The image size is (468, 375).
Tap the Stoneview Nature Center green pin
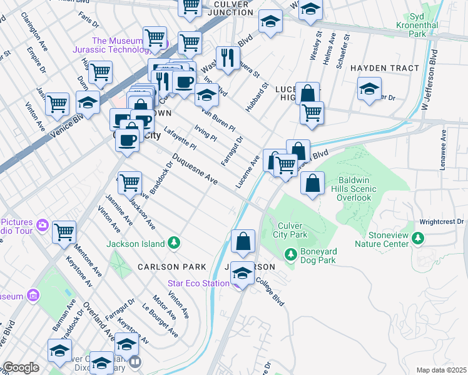tap(419, 238)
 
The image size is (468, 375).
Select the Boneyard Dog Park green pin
tap(290, 254)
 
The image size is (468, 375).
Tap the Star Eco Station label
tap(198, 283)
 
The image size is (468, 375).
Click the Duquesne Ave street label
tap(195, 169)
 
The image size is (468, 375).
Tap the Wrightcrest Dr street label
tap(442, 221)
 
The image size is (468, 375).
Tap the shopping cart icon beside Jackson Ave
tap(130, 182)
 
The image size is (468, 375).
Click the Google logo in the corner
tap(21, 367)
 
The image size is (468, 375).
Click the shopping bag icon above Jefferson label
tap(243, 241)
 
